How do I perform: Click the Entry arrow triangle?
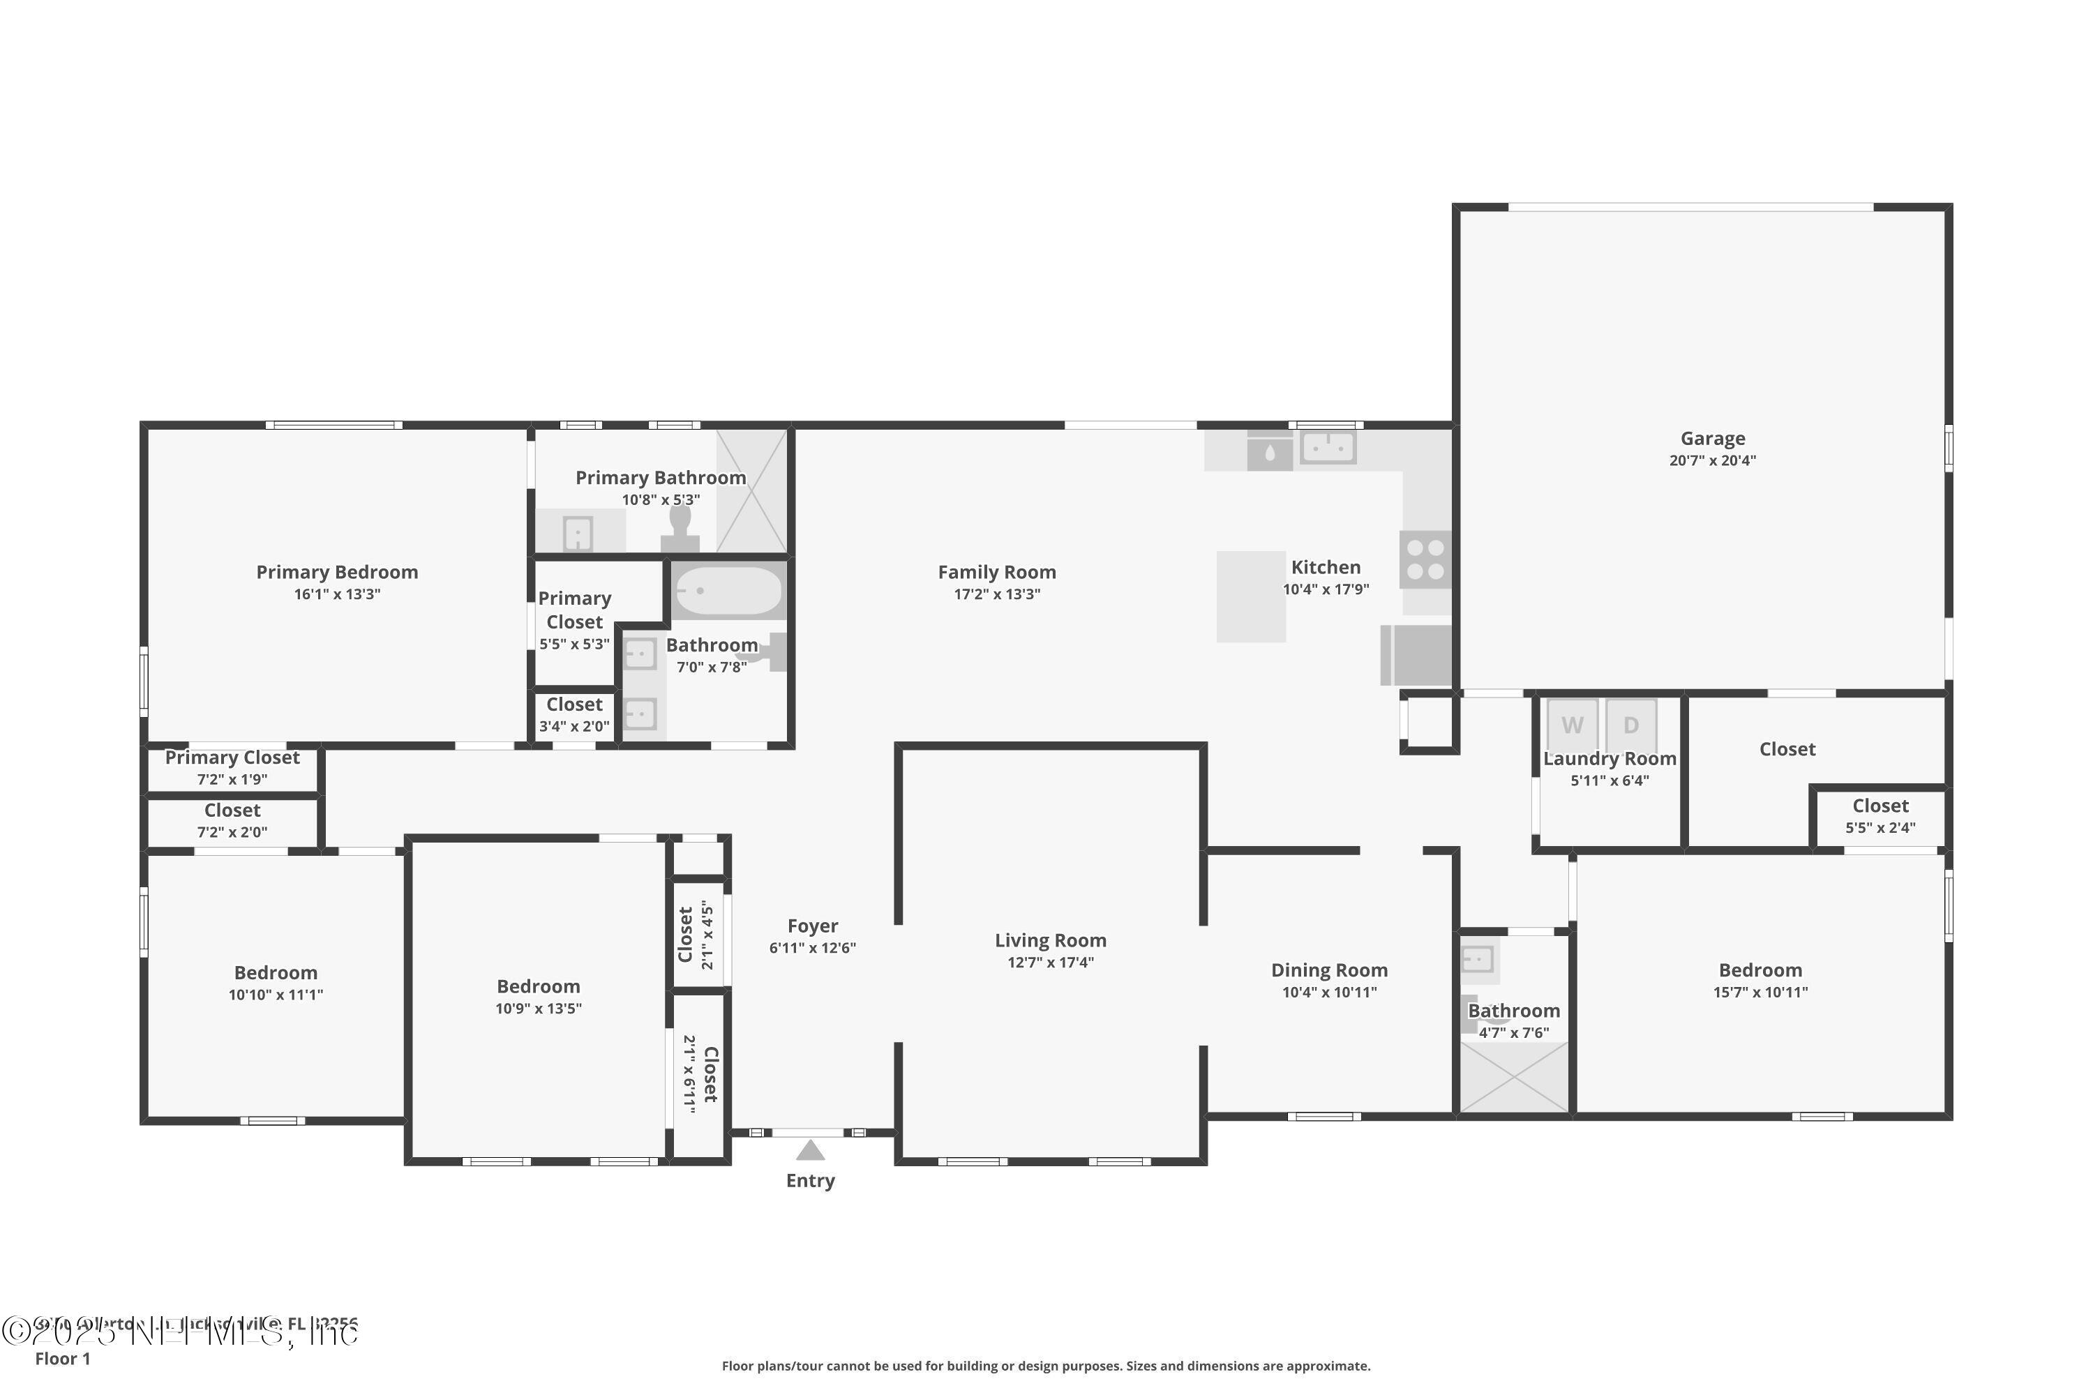810,1150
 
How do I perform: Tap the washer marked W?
1573,725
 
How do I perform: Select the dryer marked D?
1630,725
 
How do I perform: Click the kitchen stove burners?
1425,559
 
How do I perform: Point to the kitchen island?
1250,596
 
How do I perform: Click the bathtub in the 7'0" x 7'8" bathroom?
727,591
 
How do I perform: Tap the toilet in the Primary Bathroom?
680,529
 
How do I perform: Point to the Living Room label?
1050,940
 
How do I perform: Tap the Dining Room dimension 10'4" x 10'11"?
1328,993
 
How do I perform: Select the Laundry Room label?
1609,759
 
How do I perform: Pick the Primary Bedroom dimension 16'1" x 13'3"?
336,594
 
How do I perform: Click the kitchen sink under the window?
1328,448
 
